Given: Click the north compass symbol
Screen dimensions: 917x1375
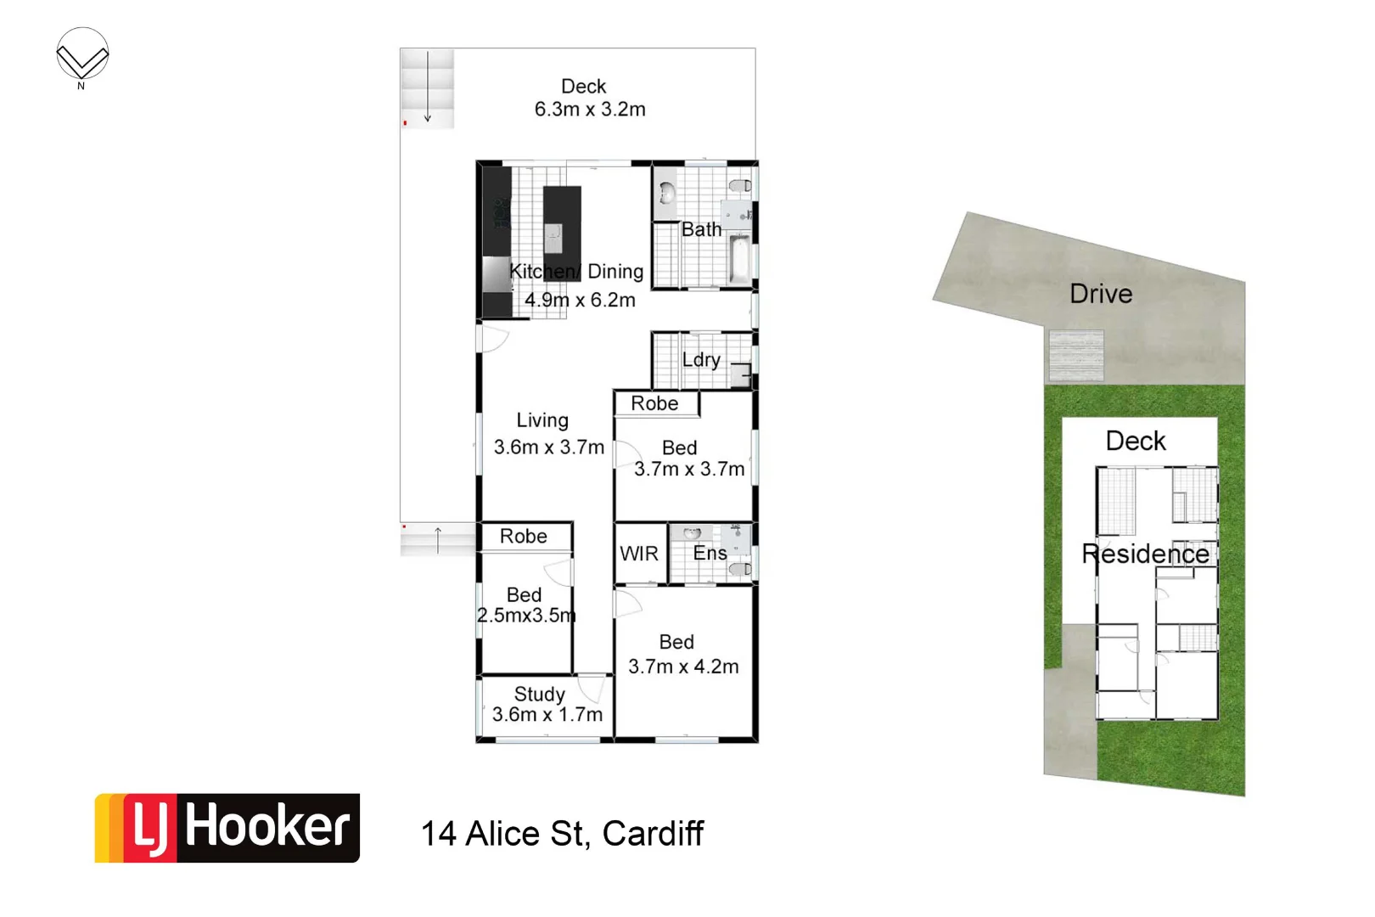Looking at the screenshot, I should [82, 57].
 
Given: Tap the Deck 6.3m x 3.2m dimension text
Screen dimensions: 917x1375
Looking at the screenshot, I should [589, 110].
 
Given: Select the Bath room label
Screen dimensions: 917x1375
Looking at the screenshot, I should [701, 229].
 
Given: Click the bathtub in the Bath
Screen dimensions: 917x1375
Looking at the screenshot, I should [739, 261].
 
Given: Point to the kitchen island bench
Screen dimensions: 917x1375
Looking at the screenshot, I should [562, 225].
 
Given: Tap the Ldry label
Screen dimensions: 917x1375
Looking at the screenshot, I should [701, 359].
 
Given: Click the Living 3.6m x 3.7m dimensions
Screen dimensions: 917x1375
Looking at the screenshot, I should [548, 447].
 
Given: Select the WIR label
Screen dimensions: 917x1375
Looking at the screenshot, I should [639, 554].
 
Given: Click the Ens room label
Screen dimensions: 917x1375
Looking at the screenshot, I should [710, 553].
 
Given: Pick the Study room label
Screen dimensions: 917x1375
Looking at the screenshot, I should [539, 694].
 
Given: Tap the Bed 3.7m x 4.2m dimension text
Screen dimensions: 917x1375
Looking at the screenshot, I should [683, 667].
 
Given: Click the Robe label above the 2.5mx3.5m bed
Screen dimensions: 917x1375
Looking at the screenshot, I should [523, 537].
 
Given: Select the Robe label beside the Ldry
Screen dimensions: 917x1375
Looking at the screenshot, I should [654, 403].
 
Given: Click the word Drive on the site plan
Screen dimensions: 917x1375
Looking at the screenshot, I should [1101, 294].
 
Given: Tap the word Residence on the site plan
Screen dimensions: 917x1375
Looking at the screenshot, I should [1145, 554].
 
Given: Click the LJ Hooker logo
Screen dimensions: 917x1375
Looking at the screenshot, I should [227, 828].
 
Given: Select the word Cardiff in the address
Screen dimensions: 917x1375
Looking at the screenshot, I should [653, 834].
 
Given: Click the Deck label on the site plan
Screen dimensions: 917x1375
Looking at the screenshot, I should [1136, 441].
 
